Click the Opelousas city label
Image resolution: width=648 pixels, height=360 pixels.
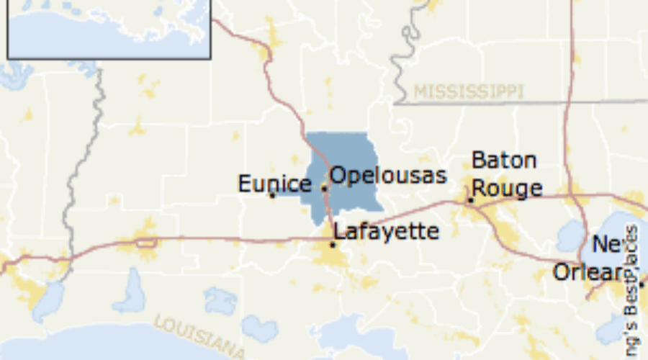point(388,176)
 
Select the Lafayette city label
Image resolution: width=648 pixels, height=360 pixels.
point(387,231)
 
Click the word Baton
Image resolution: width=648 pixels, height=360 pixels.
point(504,160)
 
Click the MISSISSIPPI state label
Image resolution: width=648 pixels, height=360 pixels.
point(468,91)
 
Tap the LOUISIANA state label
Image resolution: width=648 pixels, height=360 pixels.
point(198,334)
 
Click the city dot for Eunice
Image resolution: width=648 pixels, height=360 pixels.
point(272,195)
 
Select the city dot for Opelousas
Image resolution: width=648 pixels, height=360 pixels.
point(323,188)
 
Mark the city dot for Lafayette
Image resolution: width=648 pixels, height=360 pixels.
point(333,244)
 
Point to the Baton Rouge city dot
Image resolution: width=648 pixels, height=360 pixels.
point(470,200)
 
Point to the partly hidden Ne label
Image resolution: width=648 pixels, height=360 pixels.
point(605,245)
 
